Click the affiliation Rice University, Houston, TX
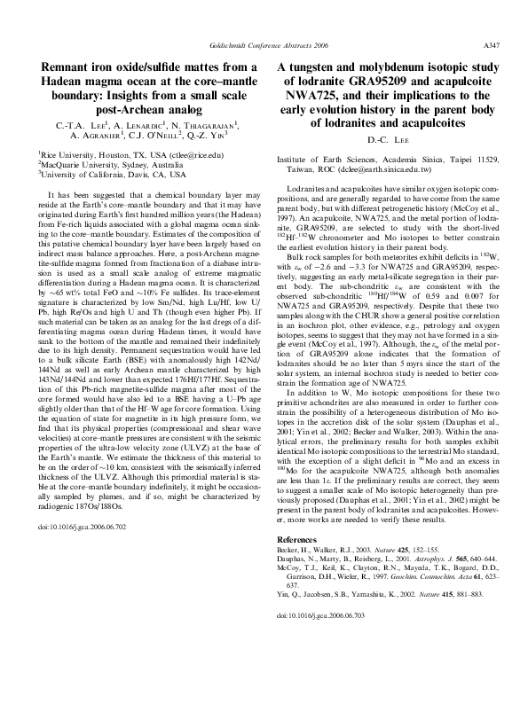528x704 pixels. [89, 153]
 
